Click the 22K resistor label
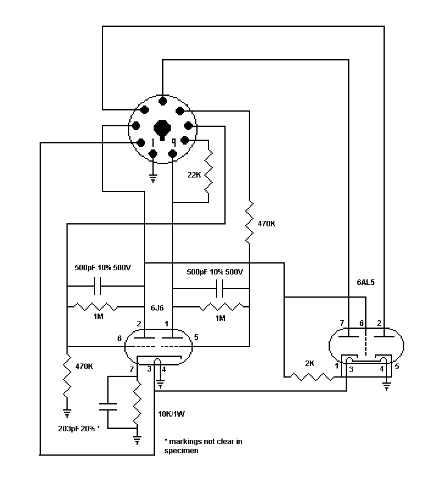tap(194, 175)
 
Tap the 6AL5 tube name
tap(366, 282)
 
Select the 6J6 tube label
tap(157, 308)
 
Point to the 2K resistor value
tap(310, 363)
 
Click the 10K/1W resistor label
tap(171, 414)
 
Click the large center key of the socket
tap(162, 129)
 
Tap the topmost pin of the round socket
tap(162, 101)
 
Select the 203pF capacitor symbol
tap(108, 407)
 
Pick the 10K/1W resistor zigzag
tap(137, 403)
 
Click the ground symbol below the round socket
tap(153, 179)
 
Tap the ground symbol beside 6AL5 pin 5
tap(387, 387)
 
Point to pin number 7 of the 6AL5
tap(341, 323)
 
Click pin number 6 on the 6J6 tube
tap(119, 339)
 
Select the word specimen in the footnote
tap(181, 451)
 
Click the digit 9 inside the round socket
tap(174, 142)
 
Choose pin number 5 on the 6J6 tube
tap(196, 337)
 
